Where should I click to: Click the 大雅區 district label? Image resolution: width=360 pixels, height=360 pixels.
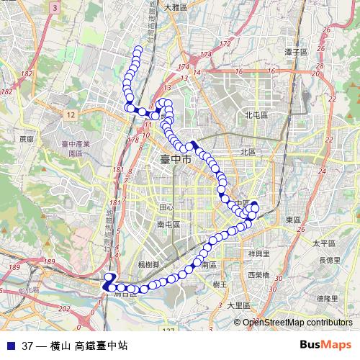pyautogui.click(x=175, y=6)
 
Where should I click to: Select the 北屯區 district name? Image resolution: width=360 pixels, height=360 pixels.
pyautogui.click(x=256, y=114)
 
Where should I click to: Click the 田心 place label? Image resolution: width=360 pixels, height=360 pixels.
pyautogui.click(x=166, y=207)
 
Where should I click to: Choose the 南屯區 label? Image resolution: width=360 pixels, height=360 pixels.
pyautogui.click(x=168, y=225)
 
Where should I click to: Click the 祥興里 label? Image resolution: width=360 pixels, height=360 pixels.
pyautogui.click(x=258, y=253)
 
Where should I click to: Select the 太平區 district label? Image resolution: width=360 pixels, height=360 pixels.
pyautogui.click(x=323, y=243)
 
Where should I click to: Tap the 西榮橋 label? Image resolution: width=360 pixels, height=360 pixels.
pyautogui.click(x=258, y=275)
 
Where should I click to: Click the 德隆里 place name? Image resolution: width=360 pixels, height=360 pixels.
pyautogui.click(x=327, y=298)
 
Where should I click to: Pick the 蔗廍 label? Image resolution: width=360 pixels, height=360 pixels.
pyautogui.click(x=27, y=139)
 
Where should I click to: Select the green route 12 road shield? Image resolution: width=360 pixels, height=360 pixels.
pyautogui.click(x=70, y=114)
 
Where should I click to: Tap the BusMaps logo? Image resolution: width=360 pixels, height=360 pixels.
pyautogui.click(x=325, y=345)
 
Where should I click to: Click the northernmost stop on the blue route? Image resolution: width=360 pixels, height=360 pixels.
pyautogui.click(x=138, y=49)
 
